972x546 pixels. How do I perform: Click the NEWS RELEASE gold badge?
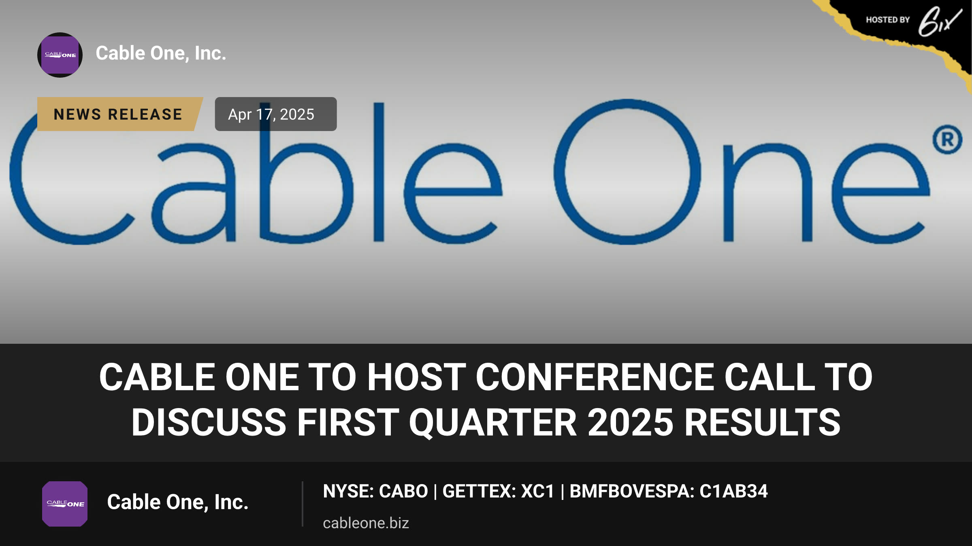tap(120, 114)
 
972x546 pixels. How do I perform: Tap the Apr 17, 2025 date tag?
tap(275, 114)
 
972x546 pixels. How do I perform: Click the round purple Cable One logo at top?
tap(60, 55)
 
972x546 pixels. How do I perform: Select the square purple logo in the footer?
tap(65, 504)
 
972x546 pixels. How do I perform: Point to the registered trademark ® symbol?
tap(947, 140)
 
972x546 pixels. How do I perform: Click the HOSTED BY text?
tap(888, 20)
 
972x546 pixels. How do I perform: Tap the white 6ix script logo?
tap(940, 21)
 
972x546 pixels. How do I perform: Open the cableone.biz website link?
tap(366, 523)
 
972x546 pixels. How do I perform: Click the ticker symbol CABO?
tap(403, 491)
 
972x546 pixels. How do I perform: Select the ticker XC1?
tap(538, 491)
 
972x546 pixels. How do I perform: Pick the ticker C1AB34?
tap(733, 491)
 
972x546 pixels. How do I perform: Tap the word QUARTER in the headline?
tap(493, 422)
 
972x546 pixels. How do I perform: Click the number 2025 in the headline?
tap(631, 422)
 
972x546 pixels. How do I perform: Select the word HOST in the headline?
tap(416, 377)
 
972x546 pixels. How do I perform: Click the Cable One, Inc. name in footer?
tap(177, 502)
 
